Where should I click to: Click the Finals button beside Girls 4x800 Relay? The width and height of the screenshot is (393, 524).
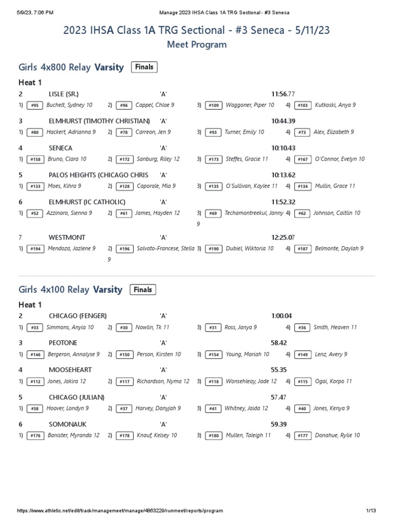[x=144, y=67]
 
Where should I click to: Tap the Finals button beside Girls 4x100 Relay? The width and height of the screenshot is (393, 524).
[x=143, y=290]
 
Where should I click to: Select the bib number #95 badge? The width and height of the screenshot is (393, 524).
[x=34, y=105]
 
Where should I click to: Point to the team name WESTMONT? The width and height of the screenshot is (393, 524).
[x=67, y=237]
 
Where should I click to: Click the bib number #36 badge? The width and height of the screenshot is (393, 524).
[x=302, y=327]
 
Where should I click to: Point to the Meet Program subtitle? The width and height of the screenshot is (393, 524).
[x=196, y=45]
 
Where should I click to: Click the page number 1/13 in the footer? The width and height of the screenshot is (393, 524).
[x=371, y=511]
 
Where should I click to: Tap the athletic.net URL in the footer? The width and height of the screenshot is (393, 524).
[x=120, y=511]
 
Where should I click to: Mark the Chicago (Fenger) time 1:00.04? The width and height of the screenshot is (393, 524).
[x=281, y=316]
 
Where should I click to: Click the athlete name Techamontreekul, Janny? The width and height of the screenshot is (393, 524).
[x=254, y=213]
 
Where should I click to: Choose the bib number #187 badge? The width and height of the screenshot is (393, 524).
[x=302, y=249]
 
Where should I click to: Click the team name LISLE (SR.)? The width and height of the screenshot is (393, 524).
[x=63, y=94]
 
